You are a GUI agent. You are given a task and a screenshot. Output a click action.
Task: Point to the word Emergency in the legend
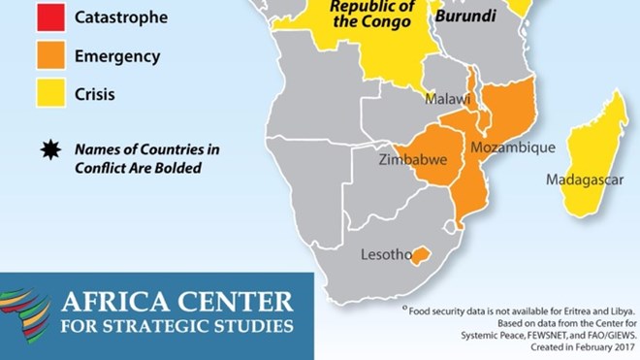click(x=117, y=56)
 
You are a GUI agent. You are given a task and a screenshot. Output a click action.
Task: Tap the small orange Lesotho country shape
click(x=419, y=256)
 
